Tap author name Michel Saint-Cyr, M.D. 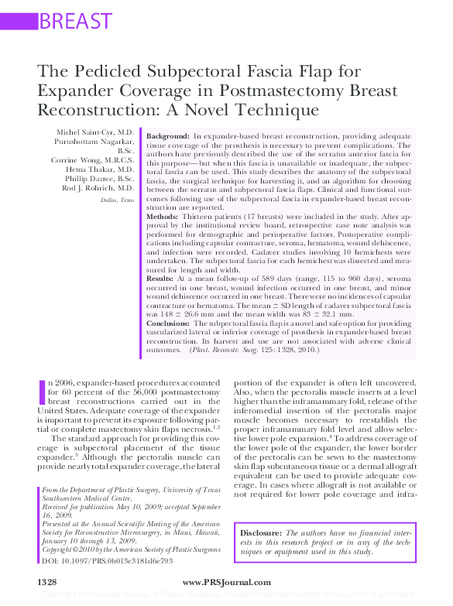(94, 132)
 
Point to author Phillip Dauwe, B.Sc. (98, 178)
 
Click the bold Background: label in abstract (167, 135)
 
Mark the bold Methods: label (162, 217)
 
